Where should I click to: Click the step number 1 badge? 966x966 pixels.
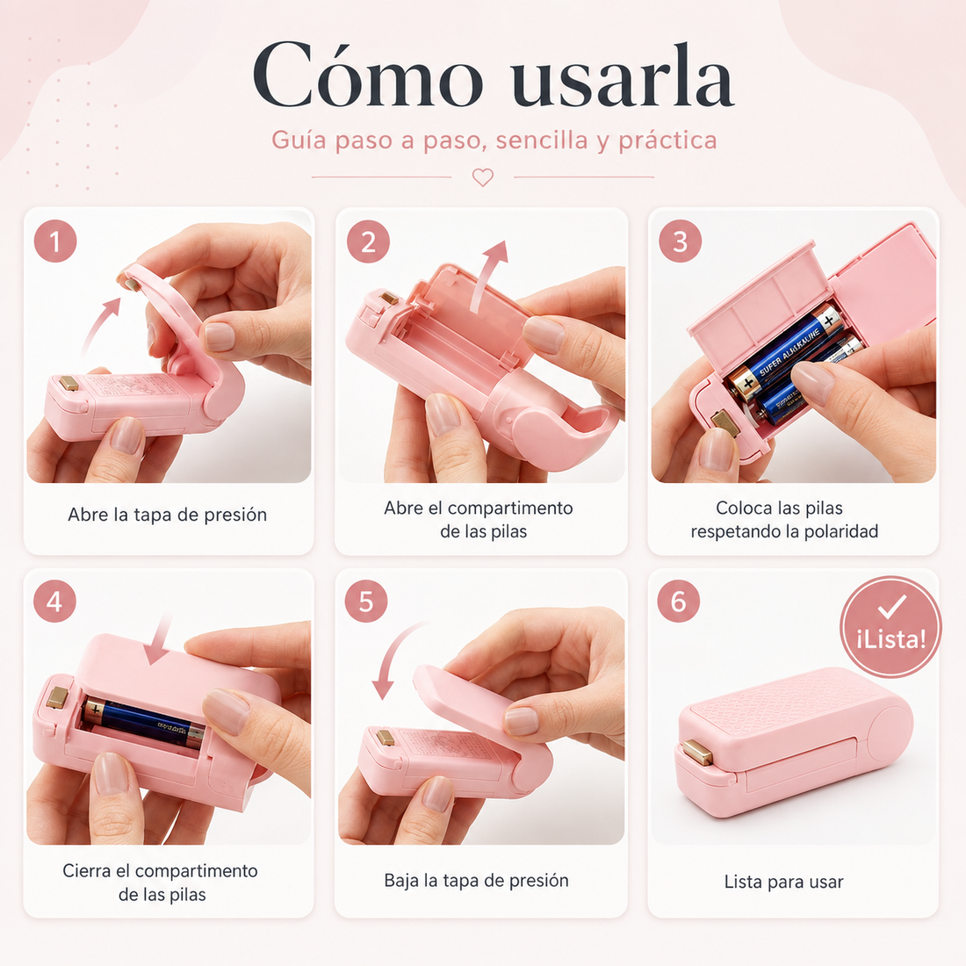pos(55,241)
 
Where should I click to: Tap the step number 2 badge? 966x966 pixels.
pos(369,241)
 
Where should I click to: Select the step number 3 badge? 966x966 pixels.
pos(680,241)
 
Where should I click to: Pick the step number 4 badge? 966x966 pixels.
pos(54,601)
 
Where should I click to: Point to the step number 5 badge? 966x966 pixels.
pos(366,601)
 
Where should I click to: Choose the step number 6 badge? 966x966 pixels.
pos(678,601)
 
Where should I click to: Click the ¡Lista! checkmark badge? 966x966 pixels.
pos(890,627)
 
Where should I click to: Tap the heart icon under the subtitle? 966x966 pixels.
pos(483,177)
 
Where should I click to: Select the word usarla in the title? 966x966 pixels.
pos(623,77)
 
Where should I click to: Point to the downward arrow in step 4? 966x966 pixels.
pos(160,641)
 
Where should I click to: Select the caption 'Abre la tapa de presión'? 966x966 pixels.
pos(168,515)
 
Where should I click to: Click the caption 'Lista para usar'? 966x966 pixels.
pos(783,882)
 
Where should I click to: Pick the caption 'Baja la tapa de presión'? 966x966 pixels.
pos(476,880)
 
